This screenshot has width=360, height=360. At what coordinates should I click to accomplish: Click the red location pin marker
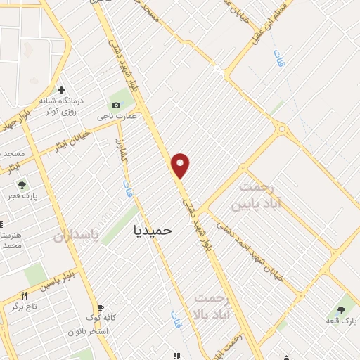pos(181,165)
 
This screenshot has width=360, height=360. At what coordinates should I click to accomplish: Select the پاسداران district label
pos(77,234)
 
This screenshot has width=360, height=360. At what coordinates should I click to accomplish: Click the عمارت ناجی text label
pos(117,116)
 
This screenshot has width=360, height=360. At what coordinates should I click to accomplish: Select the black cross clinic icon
pos(62,90)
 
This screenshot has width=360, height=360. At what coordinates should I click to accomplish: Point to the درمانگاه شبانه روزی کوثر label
pos(63,106)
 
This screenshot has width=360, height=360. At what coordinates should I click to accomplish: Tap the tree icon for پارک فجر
pos(22,186)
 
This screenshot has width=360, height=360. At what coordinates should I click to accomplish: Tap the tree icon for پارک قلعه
pos(342,309)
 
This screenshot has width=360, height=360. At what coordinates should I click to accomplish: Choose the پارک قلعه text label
pos(340,321)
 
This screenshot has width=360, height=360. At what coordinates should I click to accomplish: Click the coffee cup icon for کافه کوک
pos(101,308)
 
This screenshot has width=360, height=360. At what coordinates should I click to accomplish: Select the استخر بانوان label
pos(87,331)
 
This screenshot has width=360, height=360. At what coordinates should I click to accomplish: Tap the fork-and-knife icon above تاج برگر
pos(24,295)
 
